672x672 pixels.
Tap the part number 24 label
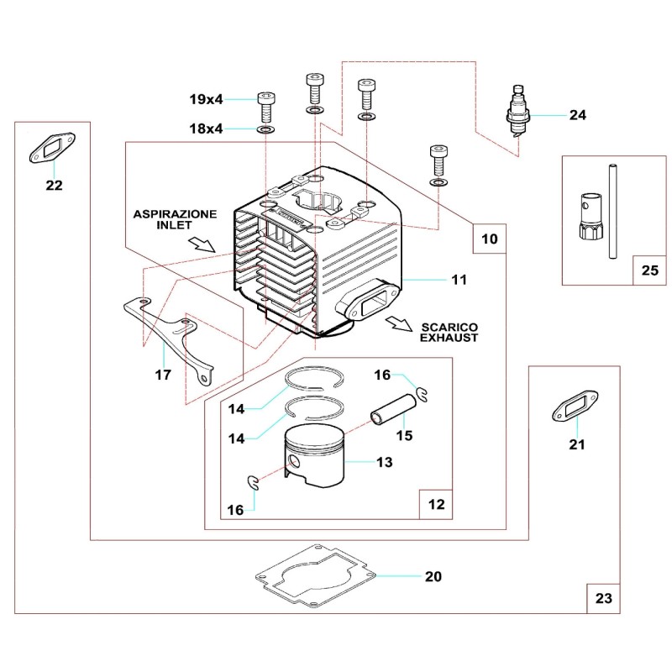point(577,115)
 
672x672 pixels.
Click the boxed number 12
point(436,505)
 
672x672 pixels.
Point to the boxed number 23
point(604,599)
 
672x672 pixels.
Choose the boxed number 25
point(650,270)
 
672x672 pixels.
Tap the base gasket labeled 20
point(315,578)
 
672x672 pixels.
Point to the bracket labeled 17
point(172,336)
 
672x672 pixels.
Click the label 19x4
point(206,99)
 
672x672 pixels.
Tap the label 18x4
point(206,129)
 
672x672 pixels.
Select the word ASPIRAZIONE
point(175,215)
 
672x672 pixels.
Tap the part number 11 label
point(459,279)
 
